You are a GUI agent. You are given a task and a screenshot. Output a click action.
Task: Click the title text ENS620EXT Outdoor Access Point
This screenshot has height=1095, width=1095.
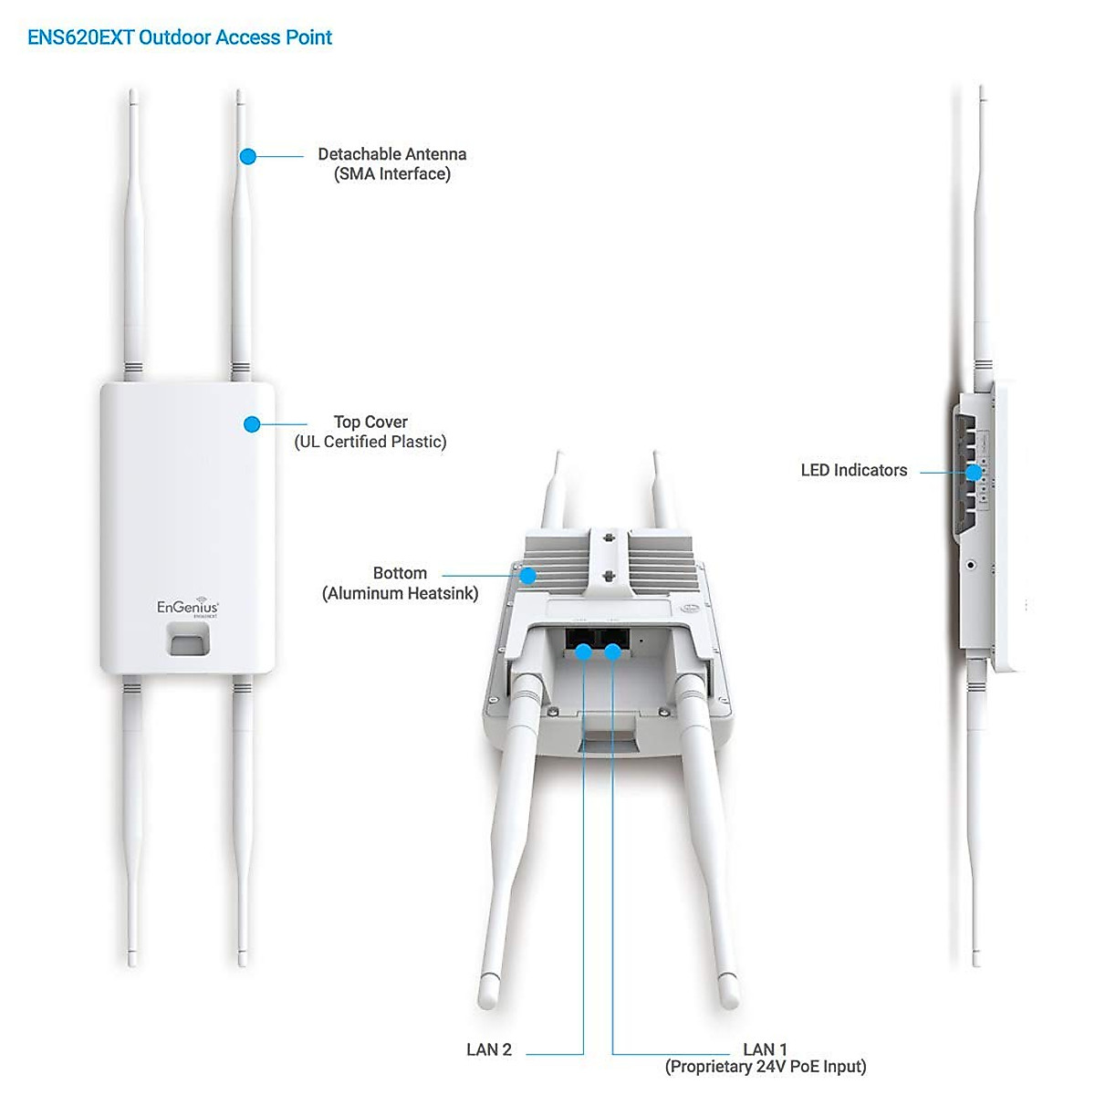click(x=180, y=37)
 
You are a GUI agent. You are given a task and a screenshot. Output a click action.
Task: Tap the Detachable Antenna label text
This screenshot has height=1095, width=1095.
click(x=391, y=154)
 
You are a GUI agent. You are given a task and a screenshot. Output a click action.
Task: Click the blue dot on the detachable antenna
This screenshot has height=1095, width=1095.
click(x=247, y=156)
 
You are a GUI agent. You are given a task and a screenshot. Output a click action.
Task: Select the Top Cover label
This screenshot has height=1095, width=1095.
click(x=370, y=422)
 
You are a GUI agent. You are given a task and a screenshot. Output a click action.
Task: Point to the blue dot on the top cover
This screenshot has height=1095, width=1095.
click(x=253, y=424)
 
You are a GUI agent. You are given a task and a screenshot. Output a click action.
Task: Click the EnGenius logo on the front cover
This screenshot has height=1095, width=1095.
click(x=188, y=608)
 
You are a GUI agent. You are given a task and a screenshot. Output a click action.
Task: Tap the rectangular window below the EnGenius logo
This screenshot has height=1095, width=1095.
click(x=188, y=640)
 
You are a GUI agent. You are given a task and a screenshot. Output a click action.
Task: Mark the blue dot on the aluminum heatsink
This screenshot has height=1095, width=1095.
click(x=527, y=575)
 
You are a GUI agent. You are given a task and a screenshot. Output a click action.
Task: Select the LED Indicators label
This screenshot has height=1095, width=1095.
click(x=854, y=470)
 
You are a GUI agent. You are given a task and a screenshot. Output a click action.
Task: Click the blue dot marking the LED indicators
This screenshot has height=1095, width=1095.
click(x=974, y=473)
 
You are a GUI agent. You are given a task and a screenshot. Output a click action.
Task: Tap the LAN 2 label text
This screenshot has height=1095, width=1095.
click(x=489, y=1049)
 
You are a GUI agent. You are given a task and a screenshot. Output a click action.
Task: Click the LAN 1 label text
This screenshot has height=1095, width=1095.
click(x=765, y=1049)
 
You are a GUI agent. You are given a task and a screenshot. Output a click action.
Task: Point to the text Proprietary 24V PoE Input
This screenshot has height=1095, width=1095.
click(x=766, y=1067)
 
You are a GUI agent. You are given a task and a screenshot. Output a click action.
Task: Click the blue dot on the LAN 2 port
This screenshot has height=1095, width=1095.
click(x=583, y=651)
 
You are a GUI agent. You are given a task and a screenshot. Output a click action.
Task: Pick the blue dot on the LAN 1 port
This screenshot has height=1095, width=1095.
click(x=613, y=651)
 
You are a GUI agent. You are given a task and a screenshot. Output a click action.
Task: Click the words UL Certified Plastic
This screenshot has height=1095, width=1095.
click(x=370, y=442)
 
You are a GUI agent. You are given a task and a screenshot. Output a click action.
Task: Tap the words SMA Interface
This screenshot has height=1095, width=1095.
click(x=392, y=174)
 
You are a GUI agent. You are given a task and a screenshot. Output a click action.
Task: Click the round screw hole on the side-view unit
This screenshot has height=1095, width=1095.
click(x=970, y=565)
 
